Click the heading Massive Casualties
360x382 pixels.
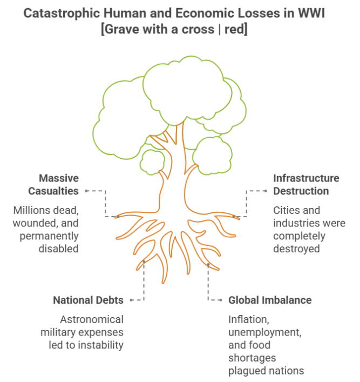[x=59, y=184]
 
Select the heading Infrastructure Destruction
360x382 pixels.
[x=306, y=184]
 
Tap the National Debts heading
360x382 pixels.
[x=88, y=300]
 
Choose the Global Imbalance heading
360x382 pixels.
[x=270, y=300]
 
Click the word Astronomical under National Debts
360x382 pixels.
[x=91, y=319]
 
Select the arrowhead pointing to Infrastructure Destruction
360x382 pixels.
[x=265, y=191]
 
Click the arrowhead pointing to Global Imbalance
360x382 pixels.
[x=221, y=300]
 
